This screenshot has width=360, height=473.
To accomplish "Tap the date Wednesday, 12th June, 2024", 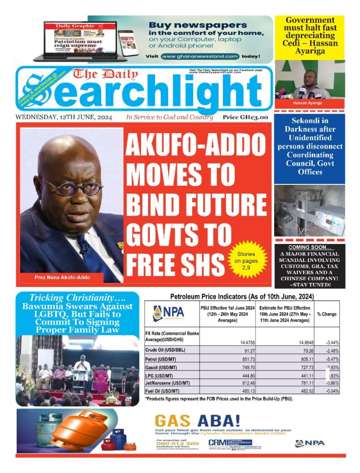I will (63, 117).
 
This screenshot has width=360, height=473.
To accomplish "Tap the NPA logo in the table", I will (169, 313).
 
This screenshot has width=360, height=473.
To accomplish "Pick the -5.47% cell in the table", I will (331, 358).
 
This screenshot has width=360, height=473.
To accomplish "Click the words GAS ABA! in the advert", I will (197, 421).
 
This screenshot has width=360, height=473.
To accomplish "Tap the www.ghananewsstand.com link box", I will (200, 56).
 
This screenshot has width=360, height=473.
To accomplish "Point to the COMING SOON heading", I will (309, 247).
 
